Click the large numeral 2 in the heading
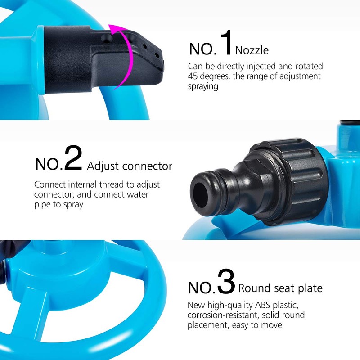point(73,158)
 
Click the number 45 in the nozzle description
point(193,76)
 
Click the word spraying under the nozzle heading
point(203,86)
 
